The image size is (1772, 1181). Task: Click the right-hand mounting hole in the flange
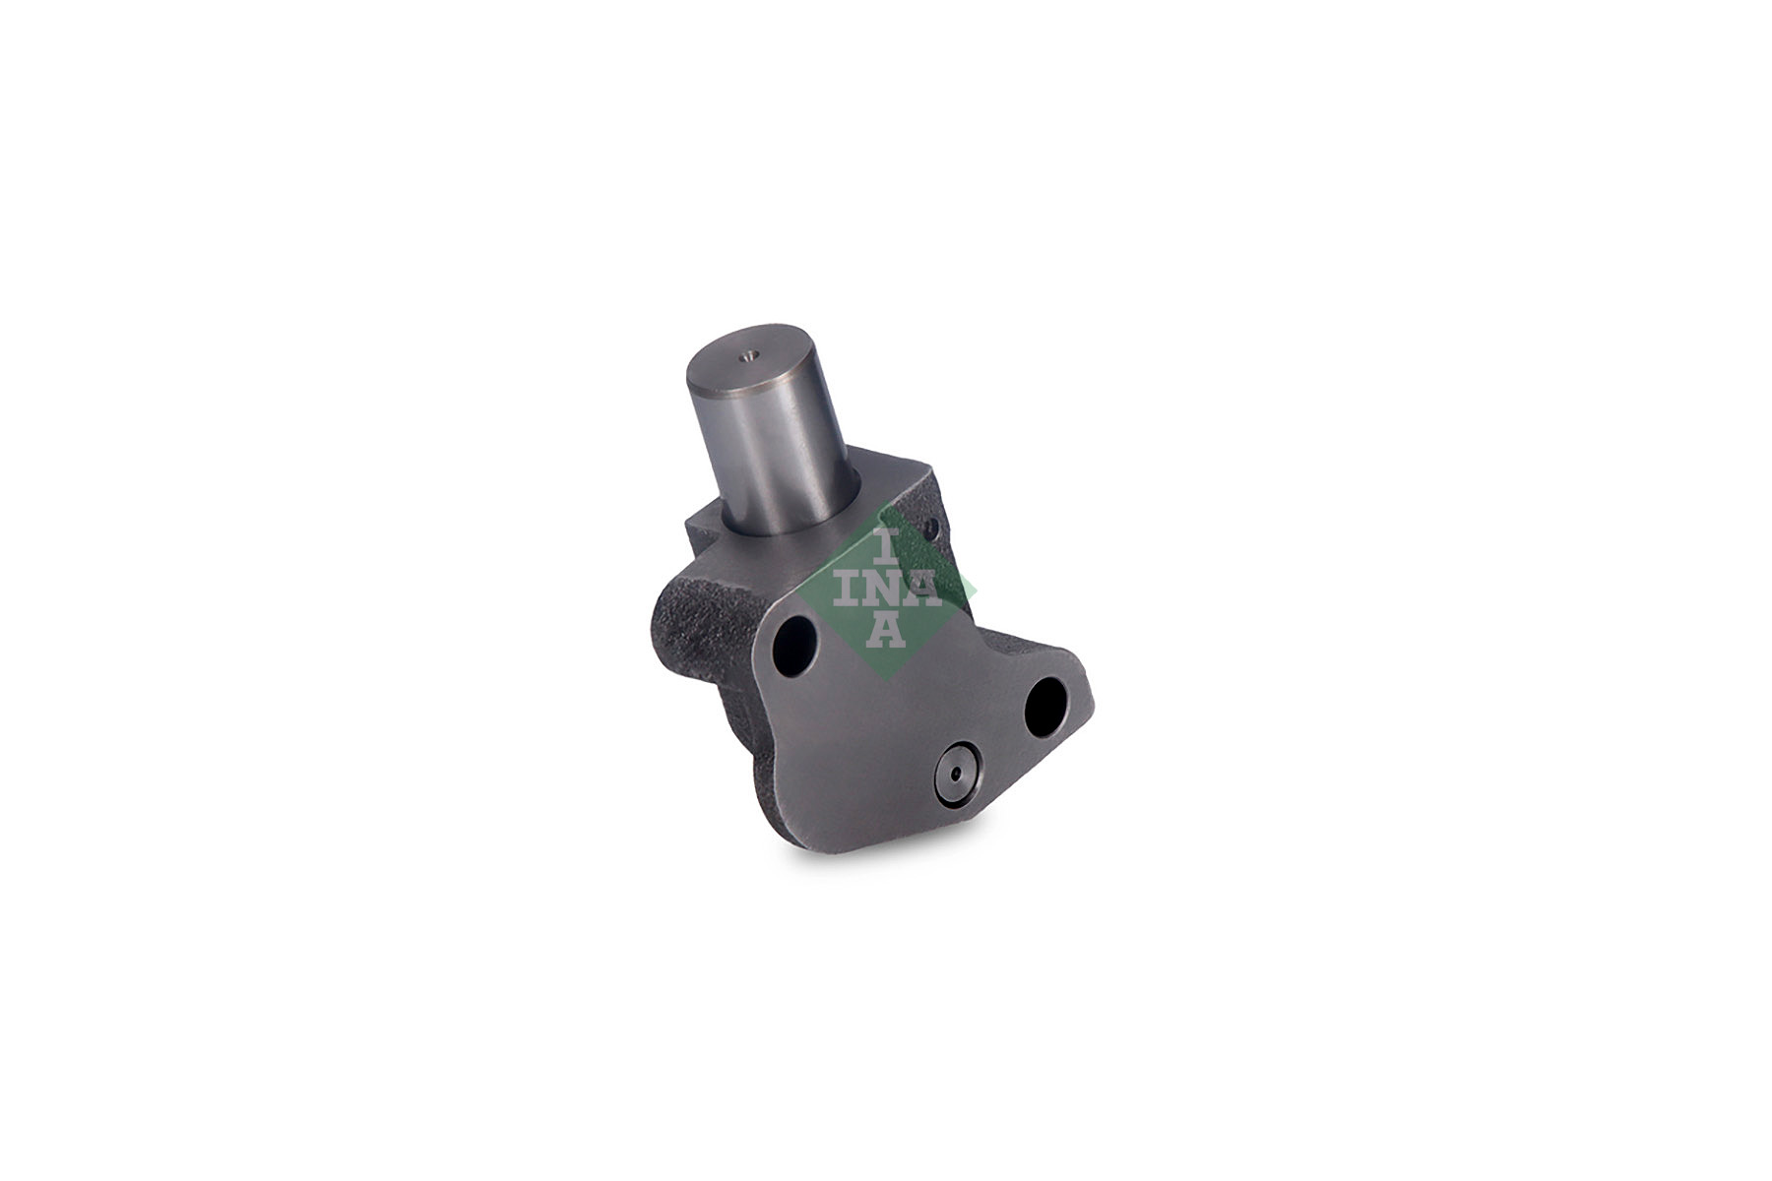1044,707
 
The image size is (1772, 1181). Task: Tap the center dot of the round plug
956,772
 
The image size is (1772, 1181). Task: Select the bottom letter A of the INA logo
885,630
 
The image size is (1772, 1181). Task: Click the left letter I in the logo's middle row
848,589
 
